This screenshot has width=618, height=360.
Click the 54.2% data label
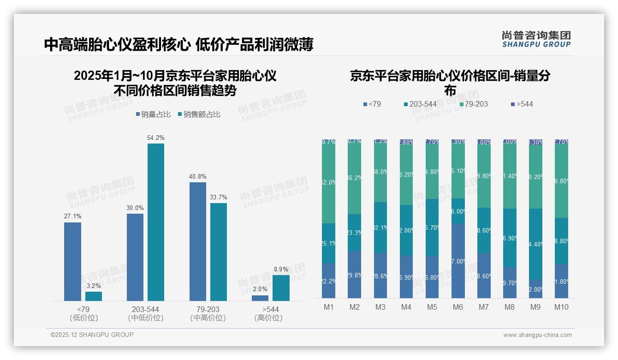click(156, 138)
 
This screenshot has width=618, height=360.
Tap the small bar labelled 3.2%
click(94, 296)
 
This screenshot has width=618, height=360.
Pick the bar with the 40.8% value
click(198, 241)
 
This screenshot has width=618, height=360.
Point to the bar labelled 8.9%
click(281, 288)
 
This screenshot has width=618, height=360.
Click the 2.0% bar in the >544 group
click(260, 298)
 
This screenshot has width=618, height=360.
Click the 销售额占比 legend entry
click(199, 114)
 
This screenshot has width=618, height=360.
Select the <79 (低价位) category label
click(83, 313)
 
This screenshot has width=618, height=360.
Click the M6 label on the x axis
click(458, 307)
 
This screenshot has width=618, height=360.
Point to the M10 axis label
click(561, 307)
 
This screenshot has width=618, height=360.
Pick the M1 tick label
click(329, 307)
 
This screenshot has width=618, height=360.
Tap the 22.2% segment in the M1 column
click(329, 281)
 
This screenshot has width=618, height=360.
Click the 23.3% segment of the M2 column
click(355, 233)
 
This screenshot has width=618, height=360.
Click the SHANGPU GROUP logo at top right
click(536, 39)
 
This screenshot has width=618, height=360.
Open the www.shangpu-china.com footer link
click(537, 335)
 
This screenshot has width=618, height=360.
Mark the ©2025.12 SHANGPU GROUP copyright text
click(92, 335)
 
